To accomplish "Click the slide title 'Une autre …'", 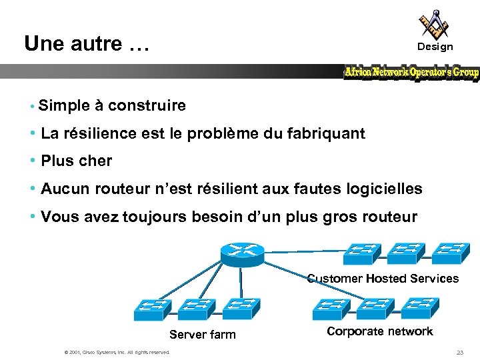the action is tap(86, 44).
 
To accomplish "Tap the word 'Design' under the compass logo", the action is tap(435, 47).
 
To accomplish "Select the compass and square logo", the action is tap(434, 23).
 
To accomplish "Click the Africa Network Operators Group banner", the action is tap(411, 72).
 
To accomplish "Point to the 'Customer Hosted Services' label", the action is tap(383, 279).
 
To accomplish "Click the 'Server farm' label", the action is tap(203, 335).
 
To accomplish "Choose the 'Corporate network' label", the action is tap(380, 331).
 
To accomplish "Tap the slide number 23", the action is tap(459, 352).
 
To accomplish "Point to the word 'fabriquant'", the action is tap(327, 133).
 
